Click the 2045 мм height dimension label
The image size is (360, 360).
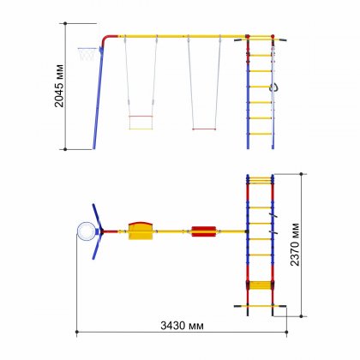click(x=59, y=86)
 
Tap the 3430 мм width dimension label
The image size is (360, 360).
click(x=182, y=326)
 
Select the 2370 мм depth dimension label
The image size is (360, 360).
click(x=295, y=244)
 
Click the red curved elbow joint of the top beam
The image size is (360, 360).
click(x=107, y=39)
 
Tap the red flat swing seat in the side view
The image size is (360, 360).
click(x=204, y=129)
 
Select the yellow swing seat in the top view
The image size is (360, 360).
click(x=141, y=231)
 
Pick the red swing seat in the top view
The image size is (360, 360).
click(x=204, y=231)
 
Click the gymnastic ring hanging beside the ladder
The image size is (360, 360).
click(x=274, y=87)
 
